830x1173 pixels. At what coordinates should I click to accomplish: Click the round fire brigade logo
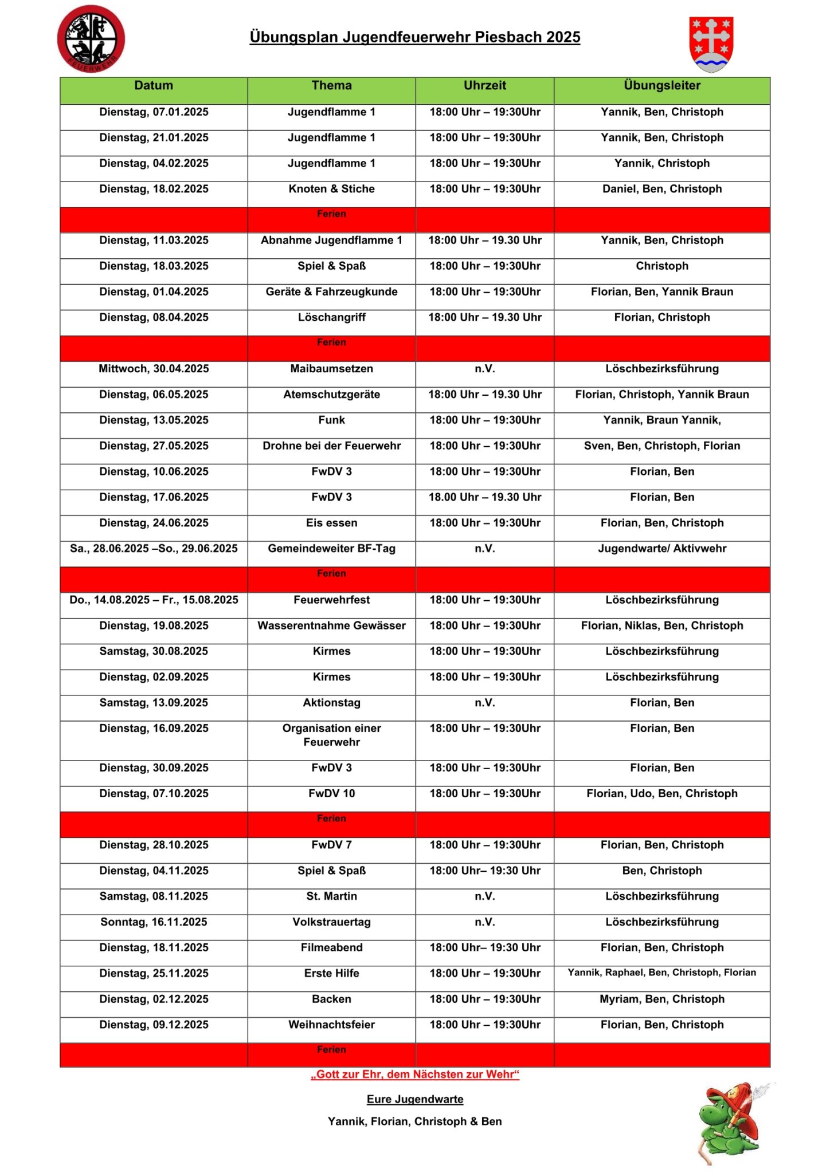tap(91, 39)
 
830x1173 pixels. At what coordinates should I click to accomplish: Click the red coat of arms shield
tap(711, 44)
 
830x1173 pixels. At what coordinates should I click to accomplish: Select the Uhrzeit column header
tap(484, 86)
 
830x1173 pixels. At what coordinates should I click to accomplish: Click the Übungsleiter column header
tap(661, 86)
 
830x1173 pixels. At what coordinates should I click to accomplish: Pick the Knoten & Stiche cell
tap(331, 189)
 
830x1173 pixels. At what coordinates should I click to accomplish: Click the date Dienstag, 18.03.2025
tap(154, 266)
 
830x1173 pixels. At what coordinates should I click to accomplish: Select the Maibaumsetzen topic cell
tap(331, 369)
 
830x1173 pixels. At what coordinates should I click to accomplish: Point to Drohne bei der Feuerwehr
tap(331, 446)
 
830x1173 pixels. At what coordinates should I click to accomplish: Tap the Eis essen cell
tap(331, 523)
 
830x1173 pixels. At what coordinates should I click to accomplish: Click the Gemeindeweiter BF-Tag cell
tap(331, 549)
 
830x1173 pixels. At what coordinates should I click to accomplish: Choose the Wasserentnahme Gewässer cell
tap(331, 626)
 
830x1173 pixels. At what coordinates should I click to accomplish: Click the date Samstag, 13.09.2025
tap(154, 703)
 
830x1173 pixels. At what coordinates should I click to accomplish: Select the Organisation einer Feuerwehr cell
tap(331, 735)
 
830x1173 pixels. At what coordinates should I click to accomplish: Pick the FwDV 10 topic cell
tap(331, 794)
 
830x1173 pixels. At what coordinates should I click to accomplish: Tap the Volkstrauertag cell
tap(331, 922)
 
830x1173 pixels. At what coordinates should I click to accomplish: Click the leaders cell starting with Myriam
tap(661, 999)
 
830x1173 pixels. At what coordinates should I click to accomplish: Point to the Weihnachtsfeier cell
tap(331, 1025)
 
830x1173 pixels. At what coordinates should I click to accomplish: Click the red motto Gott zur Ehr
tap(414, 1074)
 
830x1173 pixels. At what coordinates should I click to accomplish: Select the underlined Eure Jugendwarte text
tap(414, 1099)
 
